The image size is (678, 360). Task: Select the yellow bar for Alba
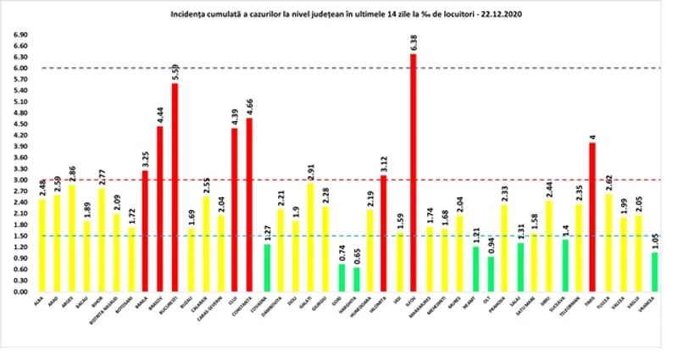(x=42, y=245)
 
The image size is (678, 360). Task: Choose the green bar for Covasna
(x=267, y=267)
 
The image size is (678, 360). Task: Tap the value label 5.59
(x=175, y=69)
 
